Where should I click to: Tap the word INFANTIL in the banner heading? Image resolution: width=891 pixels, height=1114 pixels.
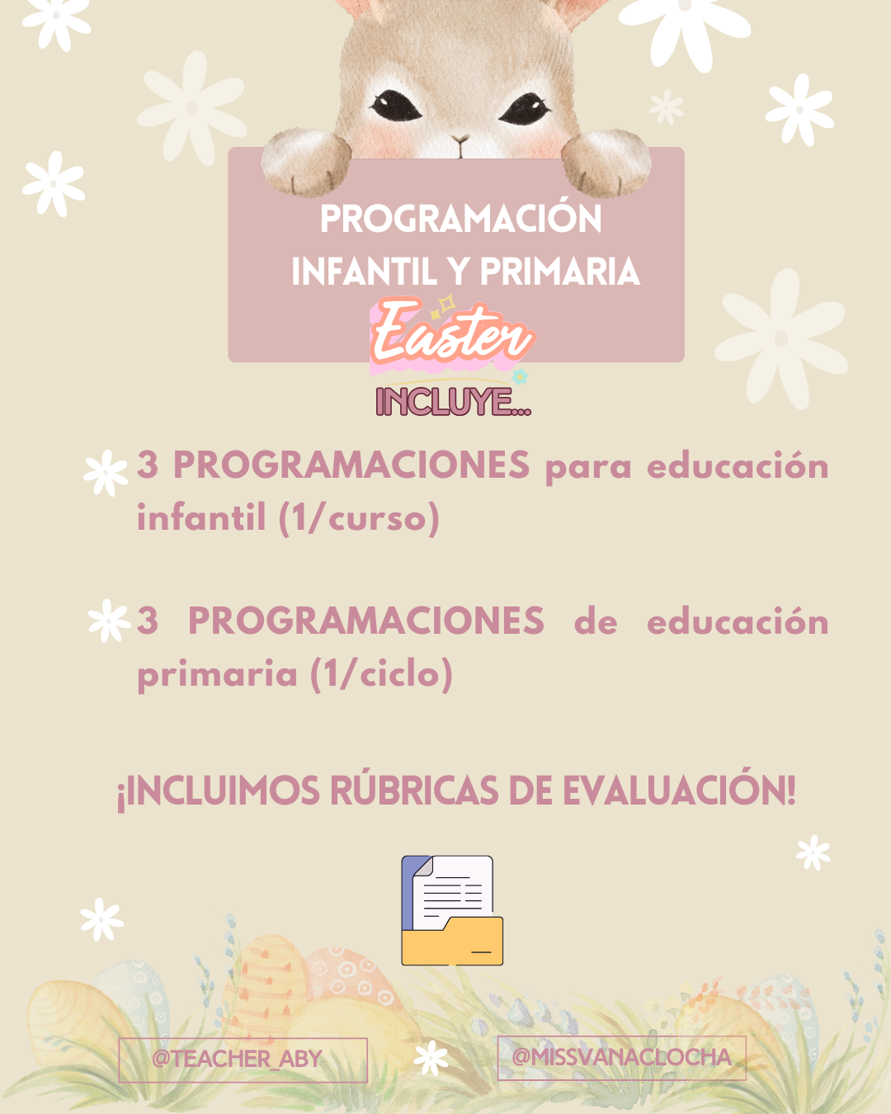[x=365, y=271]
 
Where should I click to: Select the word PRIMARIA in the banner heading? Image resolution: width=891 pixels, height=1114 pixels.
[x=560, y=271]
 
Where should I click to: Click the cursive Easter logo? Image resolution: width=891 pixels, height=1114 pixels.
[x=452, y=334]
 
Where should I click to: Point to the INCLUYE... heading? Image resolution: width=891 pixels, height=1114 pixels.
[x=454, y=402]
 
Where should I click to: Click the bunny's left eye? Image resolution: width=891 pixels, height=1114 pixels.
[x=395, y=106]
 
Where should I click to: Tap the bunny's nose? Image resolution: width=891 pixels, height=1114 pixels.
[x=460, y=139]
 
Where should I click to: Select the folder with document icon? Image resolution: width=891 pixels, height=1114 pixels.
[x=452, y=910]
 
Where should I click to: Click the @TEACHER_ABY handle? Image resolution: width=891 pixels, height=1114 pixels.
[x=237, y=1059]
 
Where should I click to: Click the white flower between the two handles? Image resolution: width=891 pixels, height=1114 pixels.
[x=431, y=1058]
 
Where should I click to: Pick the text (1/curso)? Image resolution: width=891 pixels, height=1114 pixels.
[x=359, y=517]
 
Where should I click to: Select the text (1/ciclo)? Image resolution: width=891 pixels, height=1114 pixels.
[x=381, y=674]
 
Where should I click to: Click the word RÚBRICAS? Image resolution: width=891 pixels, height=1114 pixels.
[x=414, y=791]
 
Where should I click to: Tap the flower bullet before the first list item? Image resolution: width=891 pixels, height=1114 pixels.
[x=106, y=473]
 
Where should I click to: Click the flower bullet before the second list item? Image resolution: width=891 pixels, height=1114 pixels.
[x=109, y=621]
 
